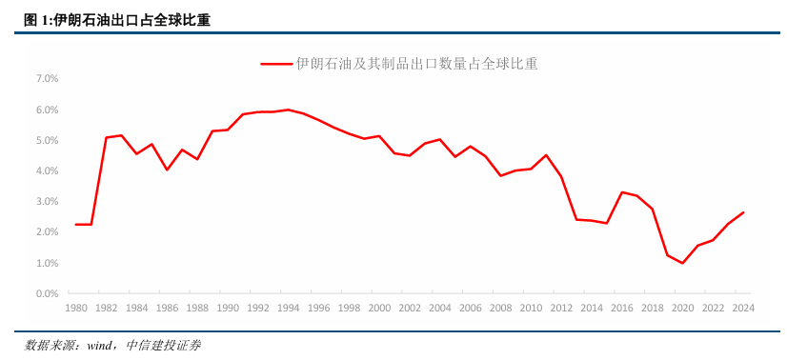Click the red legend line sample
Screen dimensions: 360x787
[275, 64]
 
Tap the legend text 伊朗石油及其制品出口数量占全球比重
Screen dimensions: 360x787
[416, 64]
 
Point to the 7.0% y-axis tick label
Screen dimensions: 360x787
[48, 79]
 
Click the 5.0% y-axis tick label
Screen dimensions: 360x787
[48, 140]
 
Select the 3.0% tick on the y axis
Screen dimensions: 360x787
[48, 202]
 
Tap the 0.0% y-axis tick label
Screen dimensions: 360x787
[48, 293]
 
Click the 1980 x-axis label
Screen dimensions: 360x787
[76, 309]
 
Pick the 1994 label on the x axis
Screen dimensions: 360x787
[289, 309]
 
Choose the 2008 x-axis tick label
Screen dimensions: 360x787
[500, 309]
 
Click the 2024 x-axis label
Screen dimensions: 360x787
[743, 309]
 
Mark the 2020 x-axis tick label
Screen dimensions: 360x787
[682, 309]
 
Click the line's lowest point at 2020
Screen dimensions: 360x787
[682, 263]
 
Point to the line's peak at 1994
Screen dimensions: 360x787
[289, 110]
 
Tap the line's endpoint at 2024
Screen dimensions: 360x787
[743, 212]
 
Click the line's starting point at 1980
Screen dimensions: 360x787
[76, 225]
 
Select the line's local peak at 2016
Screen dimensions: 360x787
[622, 192]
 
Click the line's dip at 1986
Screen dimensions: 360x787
[167, 170]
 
